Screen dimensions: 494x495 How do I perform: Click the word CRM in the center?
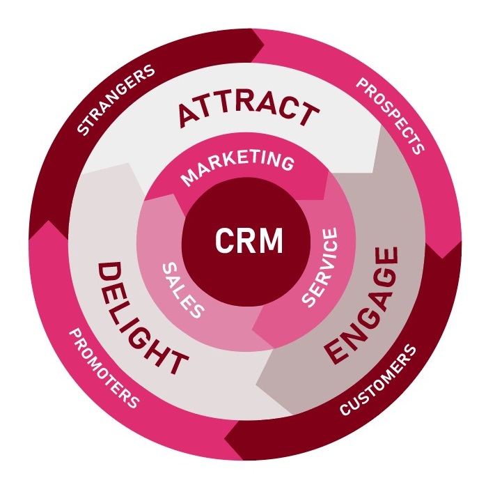(249, 242)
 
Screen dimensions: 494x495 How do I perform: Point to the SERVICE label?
(320, 268)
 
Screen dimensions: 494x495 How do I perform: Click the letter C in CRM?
(223, 242)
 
